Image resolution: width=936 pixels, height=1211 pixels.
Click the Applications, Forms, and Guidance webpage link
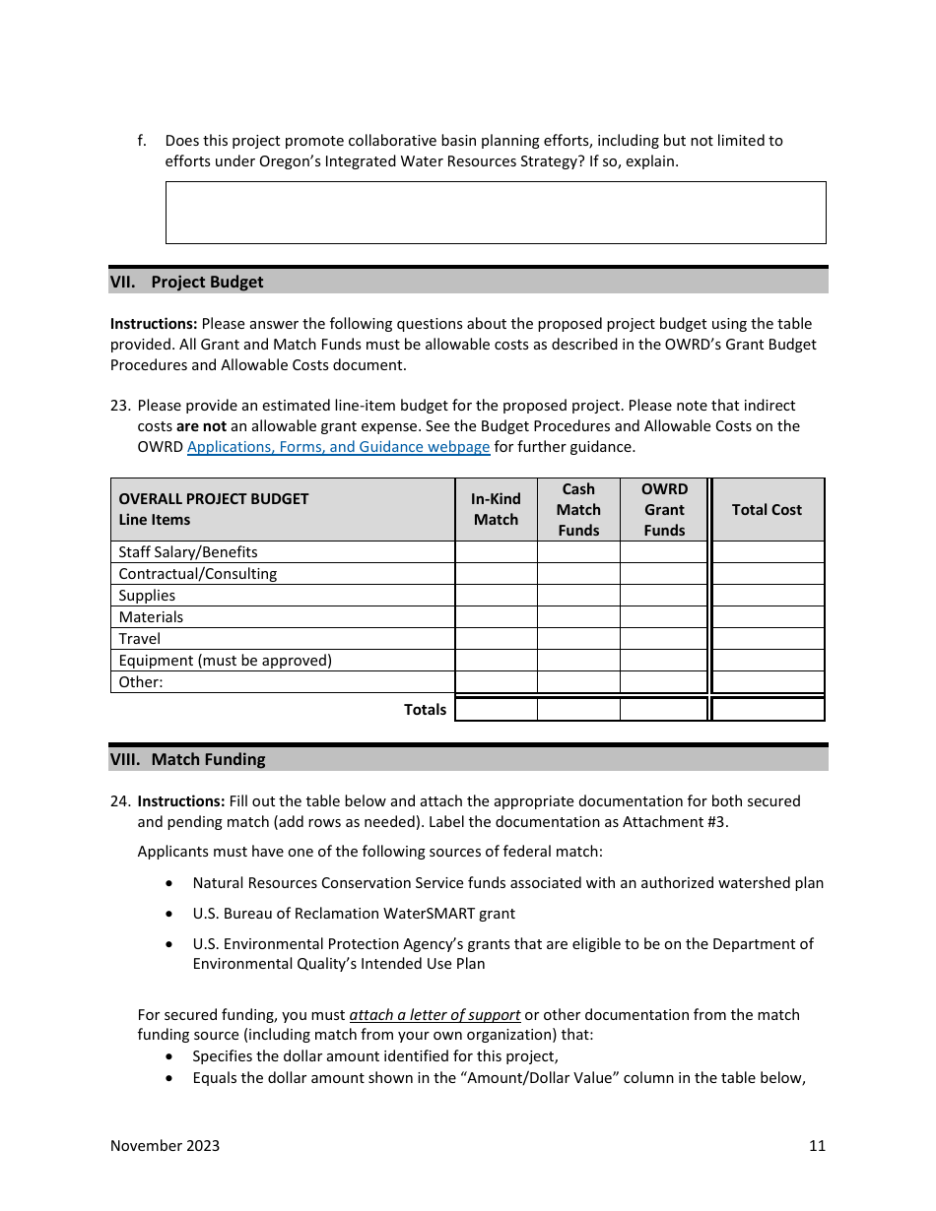coord(338,447)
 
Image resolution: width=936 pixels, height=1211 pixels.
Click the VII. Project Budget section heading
coord(187,283)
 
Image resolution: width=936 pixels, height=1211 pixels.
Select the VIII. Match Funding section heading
coord(187,760)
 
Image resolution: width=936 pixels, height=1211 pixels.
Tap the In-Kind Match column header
coord(496,510)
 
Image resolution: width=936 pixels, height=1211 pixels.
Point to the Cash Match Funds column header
coord(578,510)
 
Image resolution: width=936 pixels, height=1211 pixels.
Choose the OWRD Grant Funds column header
coord(664,510)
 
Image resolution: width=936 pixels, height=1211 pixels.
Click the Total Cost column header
coord(767,510)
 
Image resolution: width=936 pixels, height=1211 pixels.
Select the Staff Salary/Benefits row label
coord(188,552)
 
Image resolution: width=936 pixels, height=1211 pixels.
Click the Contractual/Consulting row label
coord(197,574)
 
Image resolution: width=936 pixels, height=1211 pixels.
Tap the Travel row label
coord(139,639)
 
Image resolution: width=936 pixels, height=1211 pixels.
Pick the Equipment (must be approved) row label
coord(225,661)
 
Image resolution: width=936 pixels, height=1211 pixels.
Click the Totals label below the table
coord(425,710)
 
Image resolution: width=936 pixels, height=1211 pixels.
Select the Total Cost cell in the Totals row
coord(768,709)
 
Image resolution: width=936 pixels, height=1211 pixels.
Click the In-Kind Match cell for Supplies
coord(496,596)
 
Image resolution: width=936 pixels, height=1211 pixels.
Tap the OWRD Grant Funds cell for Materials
coord(664,617)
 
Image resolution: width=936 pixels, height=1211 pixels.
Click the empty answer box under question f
coord(496,212)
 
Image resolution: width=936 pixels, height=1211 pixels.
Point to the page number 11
coord(817,1146)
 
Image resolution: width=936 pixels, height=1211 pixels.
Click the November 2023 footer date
coord(165,1146)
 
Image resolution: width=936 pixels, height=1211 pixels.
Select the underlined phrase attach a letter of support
coord(435,1015)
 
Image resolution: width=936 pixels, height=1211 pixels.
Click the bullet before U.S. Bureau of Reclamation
coord(172,915)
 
